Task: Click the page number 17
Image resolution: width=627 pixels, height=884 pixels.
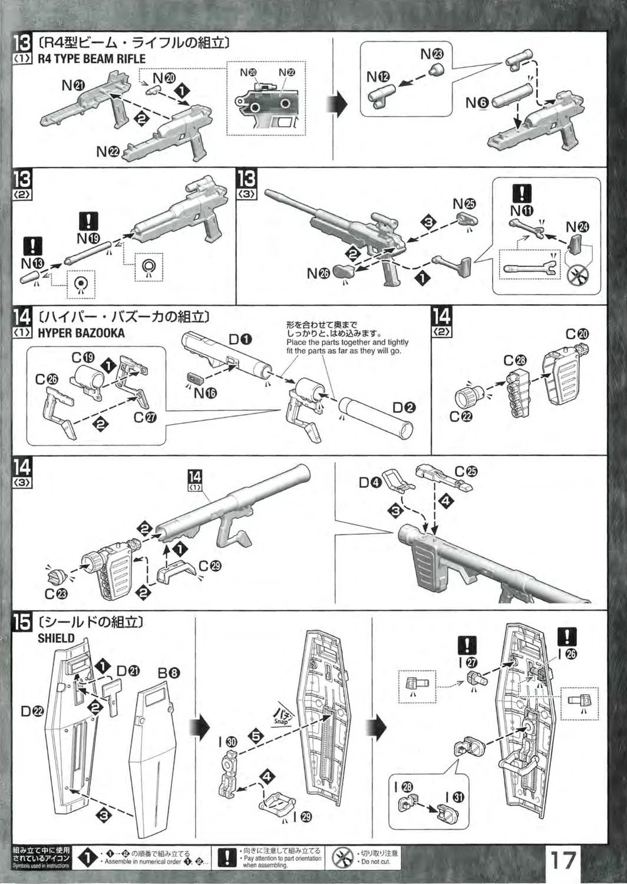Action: click(x=563, y=860)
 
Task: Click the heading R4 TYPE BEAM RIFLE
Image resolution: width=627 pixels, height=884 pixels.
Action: click(x=91, y=59)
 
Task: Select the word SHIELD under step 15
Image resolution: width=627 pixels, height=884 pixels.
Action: click(x=56, y=638)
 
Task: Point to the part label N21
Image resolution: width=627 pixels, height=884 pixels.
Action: click(x=73, y=86)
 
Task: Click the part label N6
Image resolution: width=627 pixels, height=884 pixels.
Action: click(x=477, y=103)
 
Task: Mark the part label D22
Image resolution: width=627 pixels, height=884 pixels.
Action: click(x=32, y=711)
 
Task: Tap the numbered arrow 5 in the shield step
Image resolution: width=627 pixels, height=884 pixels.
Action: click(x=255, y=736)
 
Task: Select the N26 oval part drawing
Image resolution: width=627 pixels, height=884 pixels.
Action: click(x=344, y=272)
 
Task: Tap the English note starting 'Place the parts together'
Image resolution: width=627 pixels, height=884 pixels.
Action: click(x=347, y=347)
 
